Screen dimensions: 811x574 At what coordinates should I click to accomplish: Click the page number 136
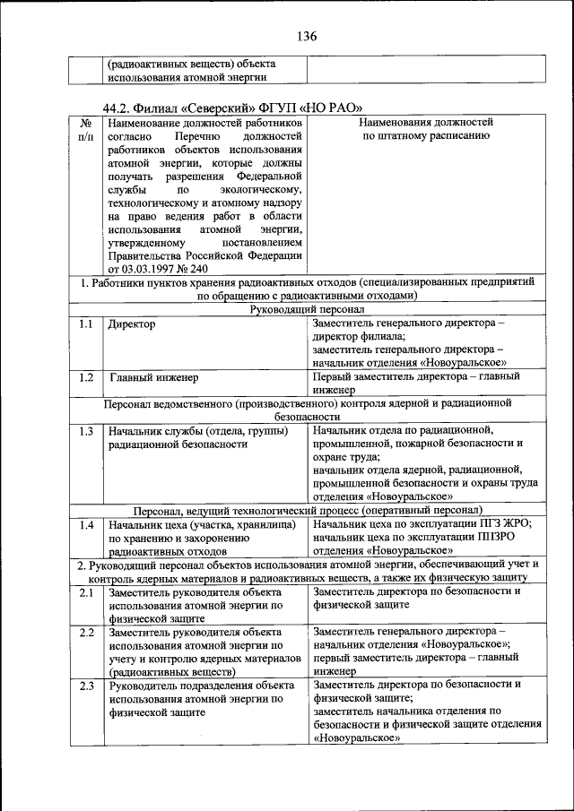click(305, 37)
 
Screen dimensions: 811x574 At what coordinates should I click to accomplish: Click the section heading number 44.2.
click(120, 106)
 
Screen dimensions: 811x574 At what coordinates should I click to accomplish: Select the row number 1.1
click(86, 324)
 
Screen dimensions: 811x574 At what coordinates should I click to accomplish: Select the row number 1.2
click(86, 377)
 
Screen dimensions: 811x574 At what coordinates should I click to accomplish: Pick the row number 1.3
click(86, 431)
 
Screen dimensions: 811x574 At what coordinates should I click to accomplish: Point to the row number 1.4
click(86, 524)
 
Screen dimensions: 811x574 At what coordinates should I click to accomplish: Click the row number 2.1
click(86, 592)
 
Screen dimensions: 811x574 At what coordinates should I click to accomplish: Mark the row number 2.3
click(86, 686)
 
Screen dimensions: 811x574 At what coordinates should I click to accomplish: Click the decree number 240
click(198, 268)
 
